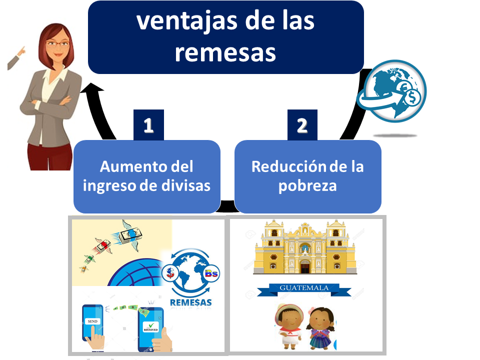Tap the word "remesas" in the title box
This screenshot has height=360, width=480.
coord(225,52)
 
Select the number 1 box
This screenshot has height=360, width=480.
coord(149,125)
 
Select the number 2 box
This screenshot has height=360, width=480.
coord(302,125)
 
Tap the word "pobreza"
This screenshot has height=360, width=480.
coord(307,186)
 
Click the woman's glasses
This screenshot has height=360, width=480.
coord(57,44)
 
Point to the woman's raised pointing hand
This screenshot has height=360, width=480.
coord(21,51)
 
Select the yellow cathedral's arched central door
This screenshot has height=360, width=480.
coord(305,266)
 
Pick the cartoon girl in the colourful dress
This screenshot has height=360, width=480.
coord(321,328)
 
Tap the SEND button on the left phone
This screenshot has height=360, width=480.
coord(92,321)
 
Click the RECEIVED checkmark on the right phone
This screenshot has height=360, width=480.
coord(150,326)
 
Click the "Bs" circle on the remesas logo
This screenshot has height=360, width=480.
coord(211,273)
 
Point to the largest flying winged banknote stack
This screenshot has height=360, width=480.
coord(131,235)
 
